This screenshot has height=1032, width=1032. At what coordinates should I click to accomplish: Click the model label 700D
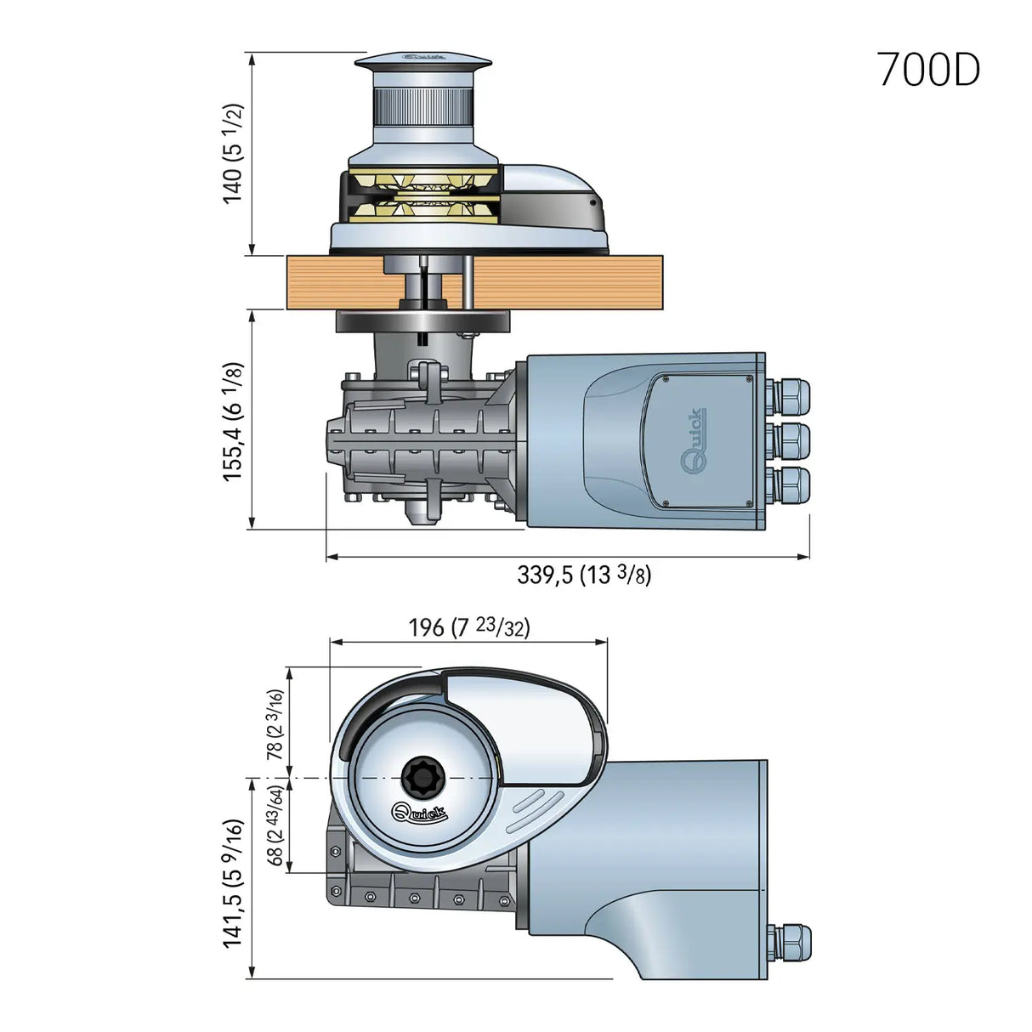928,70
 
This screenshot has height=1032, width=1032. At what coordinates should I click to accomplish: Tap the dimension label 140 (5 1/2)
233,154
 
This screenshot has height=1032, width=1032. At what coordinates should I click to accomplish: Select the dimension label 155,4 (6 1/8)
233,422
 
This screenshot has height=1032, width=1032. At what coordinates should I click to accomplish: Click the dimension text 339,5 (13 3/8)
584,575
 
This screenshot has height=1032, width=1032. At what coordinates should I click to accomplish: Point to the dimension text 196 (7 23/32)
468,627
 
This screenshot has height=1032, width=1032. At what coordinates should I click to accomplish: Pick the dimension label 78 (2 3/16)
275,723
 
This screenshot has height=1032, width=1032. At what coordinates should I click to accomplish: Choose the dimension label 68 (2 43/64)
275,825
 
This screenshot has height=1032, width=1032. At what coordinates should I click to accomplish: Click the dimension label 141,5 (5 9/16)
233,883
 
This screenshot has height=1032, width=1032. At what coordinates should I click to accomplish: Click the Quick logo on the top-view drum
419,812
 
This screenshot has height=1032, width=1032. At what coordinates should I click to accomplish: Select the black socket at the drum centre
420,775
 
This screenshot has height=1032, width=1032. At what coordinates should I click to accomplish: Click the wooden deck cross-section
553,282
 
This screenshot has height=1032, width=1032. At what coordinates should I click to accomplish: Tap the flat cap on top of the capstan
422,61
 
